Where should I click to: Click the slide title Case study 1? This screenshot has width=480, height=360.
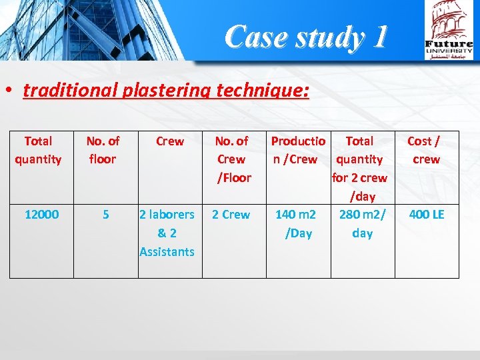(305, 37)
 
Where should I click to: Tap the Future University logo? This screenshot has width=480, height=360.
(449, 31)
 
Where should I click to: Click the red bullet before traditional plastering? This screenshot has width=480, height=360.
(11, 91)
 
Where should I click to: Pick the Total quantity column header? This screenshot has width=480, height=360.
(38, 150)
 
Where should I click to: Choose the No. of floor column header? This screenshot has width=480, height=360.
(103, 150)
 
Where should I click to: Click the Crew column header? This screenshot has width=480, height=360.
(169, 141)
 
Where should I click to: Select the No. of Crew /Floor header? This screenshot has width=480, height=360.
(231, 159)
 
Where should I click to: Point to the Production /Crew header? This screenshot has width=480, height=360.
(297, 150)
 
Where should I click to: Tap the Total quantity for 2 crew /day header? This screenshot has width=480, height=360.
(360, 168)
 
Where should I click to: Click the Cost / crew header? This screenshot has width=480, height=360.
(425, 150)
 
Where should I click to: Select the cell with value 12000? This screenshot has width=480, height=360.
(41, 215)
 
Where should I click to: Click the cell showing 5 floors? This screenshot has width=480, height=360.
(105, 215)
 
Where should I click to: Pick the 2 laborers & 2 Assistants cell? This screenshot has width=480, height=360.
(167, 233)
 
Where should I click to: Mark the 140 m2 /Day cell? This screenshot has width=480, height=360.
(297, 223)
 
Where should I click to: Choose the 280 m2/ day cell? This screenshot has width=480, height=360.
(362, 223)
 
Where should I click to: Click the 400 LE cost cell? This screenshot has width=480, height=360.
(426, 215)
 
